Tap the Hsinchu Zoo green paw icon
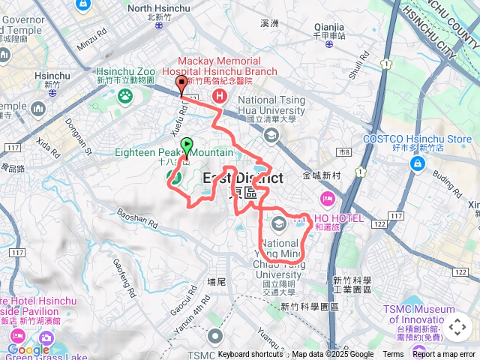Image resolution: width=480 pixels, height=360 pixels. click(x=125, y=95)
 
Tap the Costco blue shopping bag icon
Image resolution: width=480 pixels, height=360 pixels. click(x=417, y=163)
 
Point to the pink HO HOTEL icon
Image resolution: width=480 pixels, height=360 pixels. click(x=327, y=199)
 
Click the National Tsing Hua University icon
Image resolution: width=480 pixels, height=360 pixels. click(x=271, y=135)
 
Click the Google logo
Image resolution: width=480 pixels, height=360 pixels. click(x=28, y=349)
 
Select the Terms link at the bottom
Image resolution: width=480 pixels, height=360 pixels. click(x=393, y=354)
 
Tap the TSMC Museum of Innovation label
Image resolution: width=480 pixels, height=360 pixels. click(x=424, y=314)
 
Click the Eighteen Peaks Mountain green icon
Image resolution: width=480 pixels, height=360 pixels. click(x=174, y=177)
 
